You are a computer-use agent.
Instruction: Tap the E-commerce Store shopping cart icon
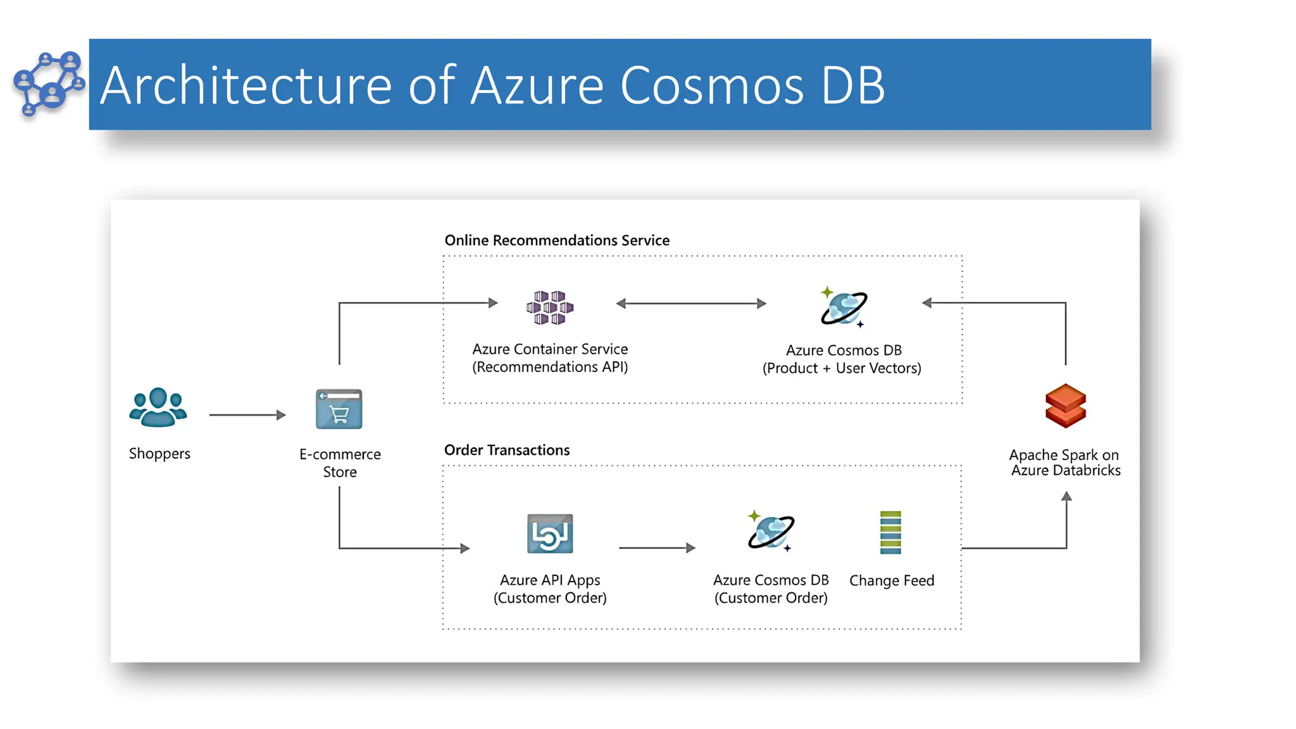(339, 409)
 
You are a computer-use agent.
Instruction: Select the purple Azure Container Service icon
(550, 308)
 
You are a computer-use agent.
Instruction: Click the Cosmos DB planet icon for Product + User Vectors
(844, 308)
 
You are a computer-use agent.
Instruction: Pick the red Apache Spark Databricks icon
(1066, 406)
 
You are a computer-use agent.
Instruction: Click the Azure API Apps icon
(550, 533)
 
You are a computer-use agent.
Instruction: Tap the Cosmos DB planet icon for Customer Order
(771, 532)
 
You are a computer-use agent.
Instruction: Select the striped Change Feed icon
(890, 532)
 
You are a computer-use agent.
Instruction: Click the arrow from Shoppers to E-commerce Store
(247, 415)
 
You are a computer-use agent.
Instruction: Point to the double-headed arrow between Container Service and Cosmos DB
(691, 304)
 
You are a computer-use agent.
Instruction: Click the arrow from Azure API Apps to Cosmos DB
(657, 548)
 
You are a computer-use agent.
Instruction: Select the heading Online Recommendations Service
(557, 240)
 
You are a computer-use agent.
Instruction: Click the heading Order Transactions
(507, 450)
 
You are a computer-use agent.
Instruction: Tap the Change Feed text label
(892, 580)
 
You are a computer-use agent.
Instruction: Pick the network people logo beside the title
(48, 84)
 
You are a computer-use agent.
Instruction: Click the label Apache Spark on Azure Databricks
(1065, 463)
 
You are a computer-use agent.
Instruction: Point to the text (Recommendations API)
(550, 367)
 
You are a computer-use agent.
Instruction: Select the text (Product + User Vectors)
(842, 368)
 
